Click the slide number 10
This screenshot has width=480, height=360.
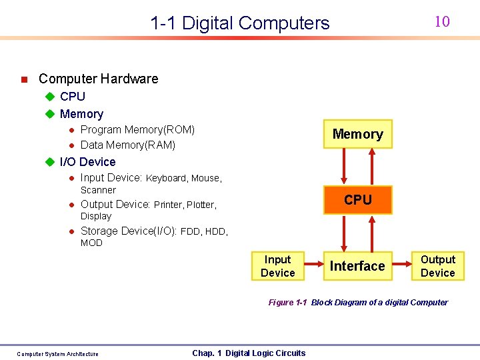442,21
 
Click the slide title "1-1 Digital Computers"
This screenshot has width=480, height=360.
240,23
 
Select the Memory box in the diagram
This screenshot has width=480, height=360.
358,134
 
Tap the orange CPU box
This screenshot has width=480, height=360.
358,199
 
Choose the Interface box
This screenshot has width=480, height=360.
357,266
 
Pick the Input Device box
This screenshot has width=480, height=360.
277,266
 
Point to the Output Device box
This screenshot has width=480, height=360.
438,266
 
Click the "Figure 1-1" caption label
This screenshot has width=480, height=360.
287,303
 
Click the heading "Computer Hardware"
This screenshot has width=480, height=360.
99,79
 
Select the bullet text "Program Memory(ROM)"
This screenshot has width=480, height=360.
137,129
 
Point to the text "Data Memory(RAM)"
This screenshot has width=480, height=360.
128,145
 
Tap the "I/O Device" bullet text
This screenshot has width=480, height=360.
87,162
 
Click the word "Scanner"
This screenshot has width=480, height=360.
98,190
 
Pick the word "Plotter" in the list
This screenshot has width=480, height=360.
201,205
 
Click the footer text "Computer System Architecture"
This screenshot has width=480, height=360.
57,354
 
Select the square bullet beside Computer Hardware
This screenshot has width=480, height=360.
23,79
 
